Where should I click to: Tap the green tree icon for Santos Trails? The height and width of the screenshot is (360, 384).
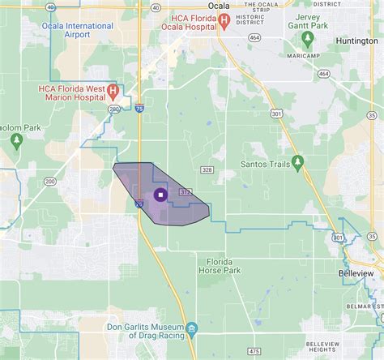[x=297, y=162]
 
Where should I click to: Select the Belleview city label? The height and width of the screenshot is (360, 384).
[x=356, y=274]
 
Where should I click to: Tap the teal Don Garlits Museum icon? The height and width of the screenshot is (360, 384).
[x=192, y=328]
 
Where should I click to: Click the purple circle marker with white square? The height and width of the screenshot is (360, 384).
[x=160, y=195]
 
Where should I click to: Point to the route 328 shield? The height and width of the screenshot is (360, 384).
[x=207, y=169]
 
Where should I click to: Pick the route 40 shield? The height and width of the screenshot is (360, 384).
[x=50, y=7]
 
